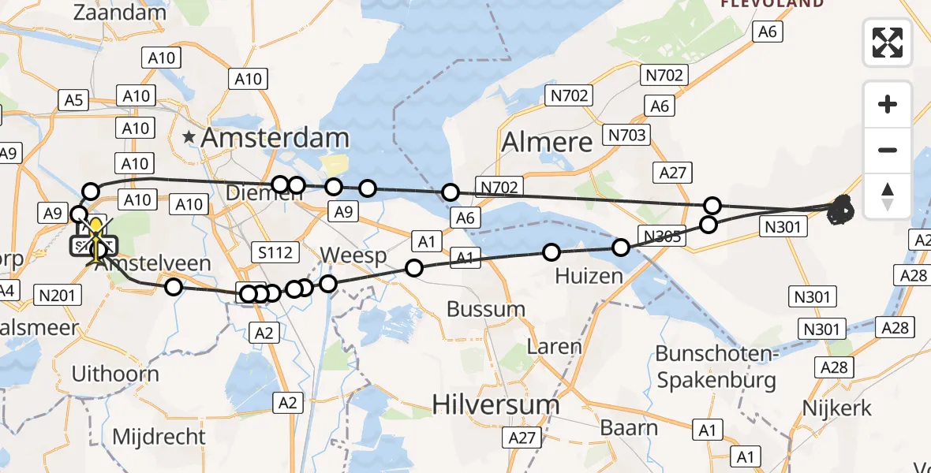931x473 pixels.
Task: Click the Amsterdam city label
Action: coord(275,138)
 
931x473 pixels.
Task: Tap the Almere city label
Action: coord(547,143)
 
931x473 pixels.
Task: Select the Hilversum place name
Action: coord(495,405)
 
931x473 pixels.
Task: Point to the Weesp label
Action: coord(353,256)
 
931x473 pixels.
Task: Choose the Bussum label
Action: coord(486,309)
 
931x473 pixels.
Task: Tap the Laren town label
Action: coord(554,347)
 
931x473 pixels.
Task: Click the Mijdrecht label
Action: coord(159,437)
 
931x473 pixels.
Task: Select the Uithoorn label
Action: coord(115,374)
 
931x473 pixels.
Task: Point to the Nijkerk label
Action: coord(836,408)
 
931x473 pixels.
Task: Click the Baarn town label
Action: coord(629,428)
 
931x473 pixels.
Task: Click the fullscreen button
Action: coord(888,43)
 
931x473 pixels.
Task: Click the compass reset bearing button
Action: coord(888,196)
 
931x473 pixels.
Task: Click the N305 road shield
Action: coord(661,235)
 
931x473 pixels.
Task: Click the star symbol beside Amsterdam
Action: coord(189,138)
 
